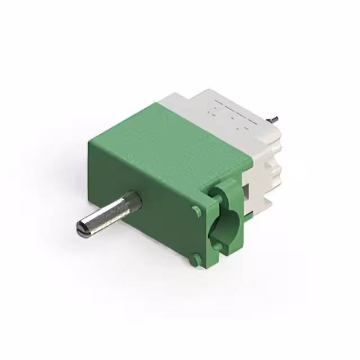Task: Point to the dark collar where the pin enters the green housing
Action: (134, 199)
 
